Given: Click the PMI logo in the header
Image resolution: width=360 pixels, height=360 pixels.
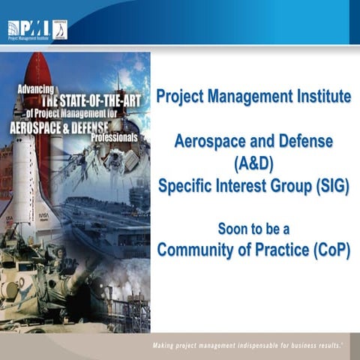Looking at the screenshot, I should point(28,29).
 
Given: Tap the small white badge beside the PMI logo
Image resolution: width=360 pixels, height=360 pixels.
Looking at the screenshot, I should point(59,29).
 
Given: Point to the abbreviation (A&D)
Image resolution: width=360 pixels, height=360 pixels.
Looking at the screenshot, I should point(253,163).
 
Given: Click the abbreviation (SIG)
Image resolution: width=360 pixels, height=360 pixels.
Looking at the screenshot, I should point(327,186).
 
